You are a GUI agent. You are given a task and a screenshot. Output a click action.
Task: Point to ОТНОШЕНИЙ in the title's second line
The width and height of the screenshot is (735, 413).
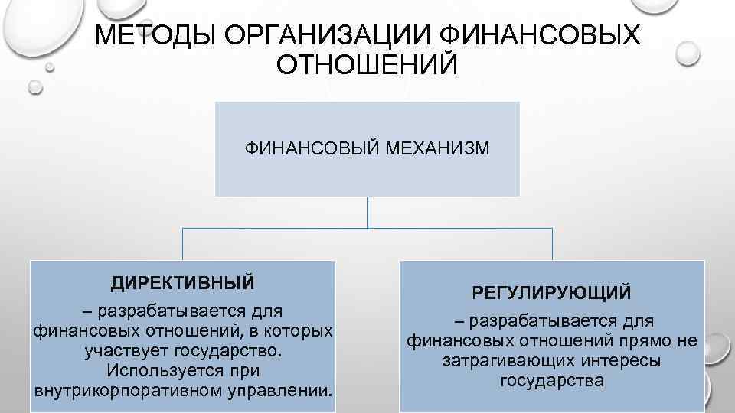pos(367,63)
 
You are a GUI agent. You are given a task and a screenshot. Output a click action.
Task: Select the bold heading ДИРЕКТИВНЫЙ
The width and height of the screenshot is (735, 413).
pos(182,283)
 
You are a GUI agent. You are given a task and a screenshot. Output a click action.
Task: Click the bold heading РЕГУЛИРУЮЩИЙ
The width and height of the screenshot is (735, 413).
pos(552,293)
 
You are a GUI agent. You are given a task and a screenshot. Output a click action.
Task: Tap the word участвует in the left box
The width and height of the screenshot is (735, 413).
pos(125,351)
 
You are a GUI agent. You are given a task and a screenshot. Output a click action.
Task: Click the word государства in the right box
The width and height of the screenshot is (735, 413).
pos(552,381)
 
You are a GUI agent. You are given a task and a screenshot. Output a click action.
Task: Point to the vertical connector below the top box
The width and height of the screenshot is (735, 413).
pos(367,212)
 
